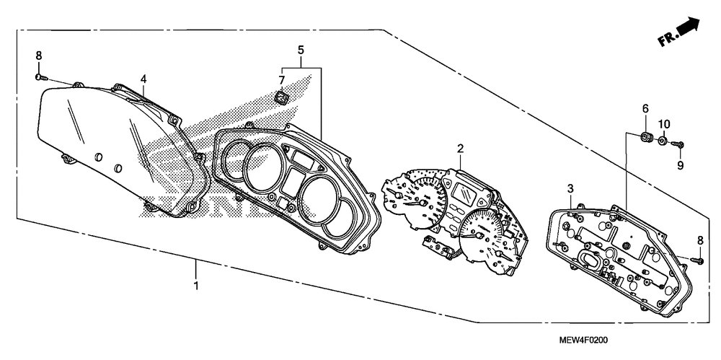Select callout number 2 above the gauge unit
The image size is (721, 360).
[x=459, y=149]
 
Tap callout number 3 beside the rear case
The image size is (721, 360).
[x=570, y=189]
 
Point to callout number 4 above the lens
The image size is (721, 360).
[x=143, y=78]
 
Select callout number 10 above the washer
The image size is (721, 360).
[x=664, y=123]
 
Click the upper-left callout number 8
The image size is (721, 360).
[x=39, y=56]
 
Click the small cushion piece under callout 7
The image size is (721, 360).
[x=283, y=97]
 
